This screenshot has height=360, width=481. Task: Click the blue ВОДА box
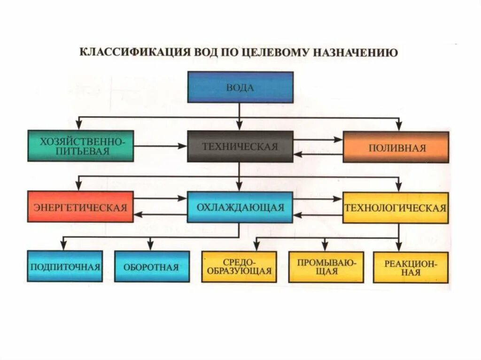point(240,87)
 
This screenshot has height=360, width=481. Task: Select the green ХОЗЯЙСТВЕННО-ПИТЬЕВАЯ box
point(80,146)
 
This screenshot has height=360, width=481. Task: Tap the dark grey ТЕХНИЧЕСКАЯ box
point(240,146)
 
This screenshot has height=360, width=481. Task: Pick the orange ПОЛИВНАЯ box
point(396,147)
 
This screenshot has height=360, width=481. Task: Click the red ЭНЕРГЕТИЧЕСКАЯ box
point(80,207)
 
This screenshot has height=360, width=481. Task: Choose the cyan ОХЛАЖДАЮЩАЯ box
point(240,207)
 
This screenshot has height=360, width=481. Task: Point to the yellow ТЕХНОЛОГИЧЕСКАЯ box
point(396,207)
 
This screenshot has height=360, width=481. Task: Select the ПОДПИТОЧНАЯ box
point(65,267)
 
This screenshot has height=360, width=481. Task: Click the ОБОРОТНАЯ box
point(152,267)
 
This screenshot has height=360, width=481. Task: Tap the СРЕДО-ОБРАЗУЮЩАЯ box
point(239,267)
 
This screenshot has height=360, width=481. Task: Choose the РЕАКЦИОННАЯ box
point(411,267)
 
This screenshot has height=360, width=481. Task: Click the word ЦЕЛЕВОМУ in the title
point(272,52)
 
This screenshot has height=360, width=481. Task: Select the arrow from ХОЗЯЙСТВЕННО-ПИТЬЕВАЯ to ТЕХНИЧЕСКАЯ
point(160,146)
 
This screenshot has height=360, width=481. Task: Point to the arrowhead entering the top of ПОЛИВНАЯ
point(399,126)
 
